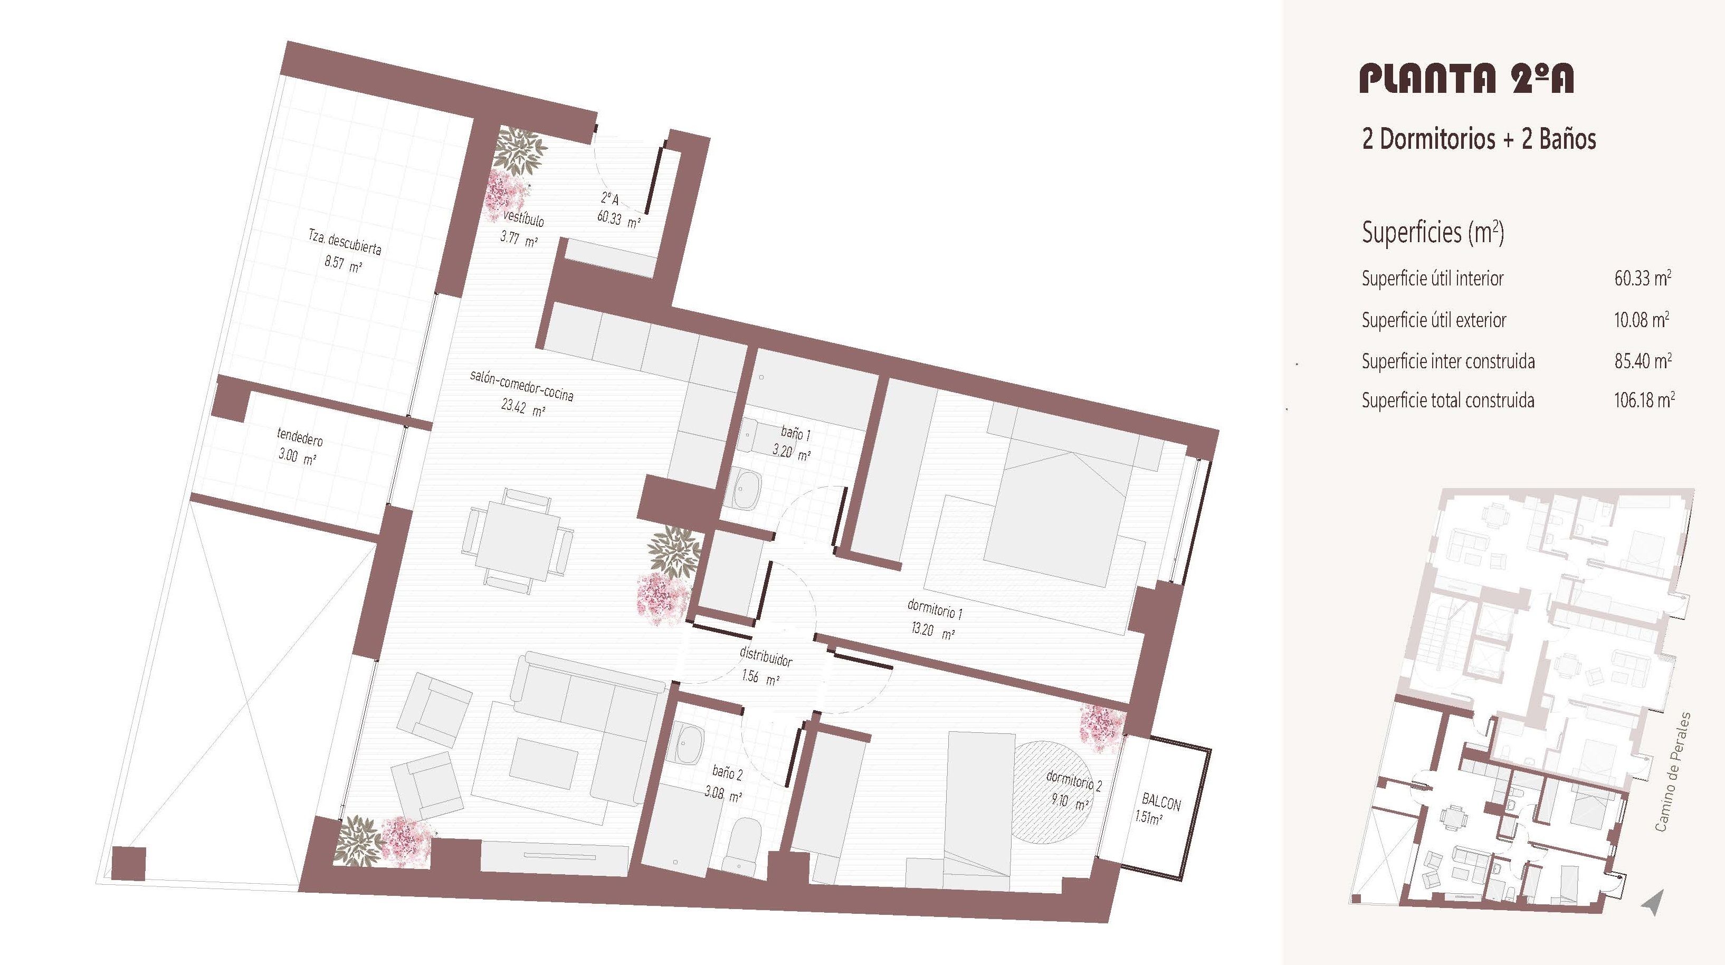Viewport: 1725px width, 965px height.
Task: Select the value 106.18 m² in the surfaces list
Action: pyautogui.click(x=1644, y=400)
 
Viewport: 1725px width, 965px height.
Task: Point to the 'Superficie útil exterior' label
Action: pyautogui.click(x=1434, y=320)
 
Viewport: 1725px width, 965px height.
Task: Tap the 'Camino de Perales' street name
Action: pyautogui.click(x=1672, y=772)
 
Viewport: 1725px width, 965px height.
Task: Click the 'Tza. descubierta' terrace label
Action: pyautogui.click(x=345, y=242)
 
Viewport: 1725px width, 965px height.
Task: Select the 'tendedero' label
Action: pyautogui.click(x=300, y=437)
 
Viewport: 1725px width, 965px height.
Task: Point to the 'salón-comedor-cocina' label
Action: pyautogui.click(x=522, y=386)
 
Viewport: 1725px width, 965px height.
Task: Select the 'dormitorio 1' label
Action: pyautogui.click(x=935, y=609)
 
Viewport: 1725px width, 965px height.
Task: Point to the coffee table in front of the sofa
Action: pyautogui.click(x=545, y=762)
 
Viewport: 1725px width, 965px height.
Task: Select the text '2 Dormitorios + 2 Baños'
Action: pyautogui.click(x=1479, y=139)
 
